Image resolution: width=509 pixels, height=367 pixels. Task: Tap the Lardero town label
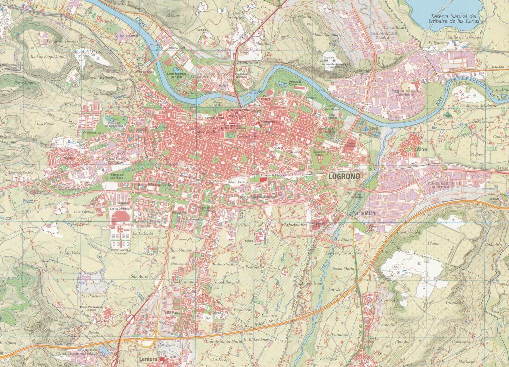[x=148, y=359]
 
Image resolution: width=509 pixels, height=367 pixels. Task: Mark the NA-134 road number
[x=498, y=67]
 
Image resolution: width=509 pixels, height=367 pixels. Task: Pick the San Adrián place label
[x=141, y=276]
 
